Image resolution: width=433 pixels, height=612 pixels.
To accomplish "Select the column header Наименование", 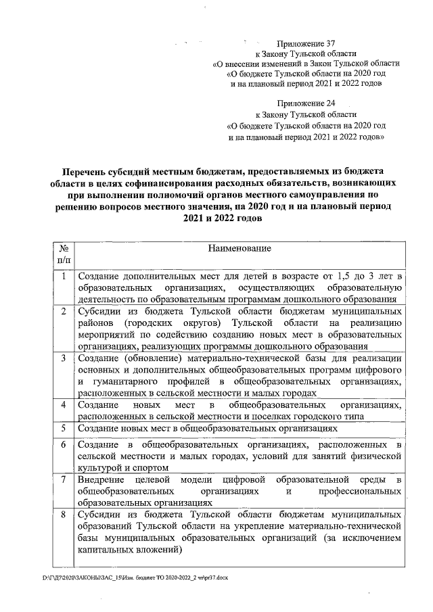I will (x=240, y=248).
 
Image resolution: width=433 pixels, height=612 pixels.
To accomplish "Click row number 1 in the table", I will (x=62, y=277).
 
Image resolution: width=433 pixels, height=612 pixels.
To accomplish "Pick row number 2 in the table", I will (x=62, y=312).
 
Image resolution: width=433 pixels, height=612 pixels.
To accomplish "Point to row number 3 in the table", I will (x=62, y=357).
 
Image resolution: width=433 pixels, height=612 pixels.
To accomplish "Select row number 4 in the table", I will (x=62, y=404).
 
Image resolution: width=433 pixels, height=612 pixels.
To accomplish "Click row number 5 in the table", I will (x=62, y=428).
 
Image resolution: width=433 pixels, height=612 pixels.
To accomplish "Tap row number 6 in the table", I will (x=62, y=445).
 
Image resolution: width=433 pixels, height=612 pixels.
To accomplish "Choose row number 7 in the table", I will (x=62, y=479).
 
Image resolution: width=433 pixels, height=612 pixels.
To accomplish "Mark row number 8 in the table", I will (x=62, y=515).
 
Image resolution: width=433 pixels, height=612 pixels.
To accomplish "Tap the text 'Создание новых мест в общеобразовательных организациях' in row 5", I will (x=207, y=428).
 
